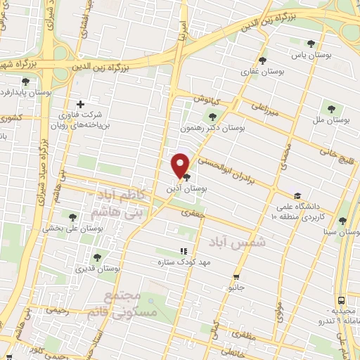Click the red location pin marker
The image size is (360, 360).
click(x=181, y=165)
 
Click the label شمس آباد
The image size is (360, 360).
click(x=232, y=241)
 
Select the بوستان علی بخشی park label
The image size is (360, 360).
click(x=72, y=227)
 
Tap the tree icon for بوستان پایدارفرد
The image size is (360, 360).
click(x=25, y=82)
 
